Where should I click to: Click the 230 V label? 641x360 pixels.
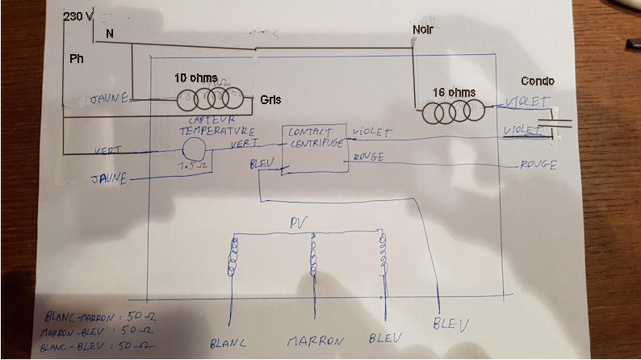pos(78,17)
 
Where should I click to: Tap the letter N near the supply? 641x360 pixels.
pos(110,35)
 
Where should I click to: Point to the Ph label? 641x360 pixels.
pos(76,59)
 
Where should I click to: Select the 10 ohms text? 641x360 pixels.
pos(195,78)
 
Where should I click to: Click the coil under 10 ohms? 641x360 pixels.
pos(210,100)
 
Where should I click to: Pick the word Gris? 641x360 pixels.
pos(270,100)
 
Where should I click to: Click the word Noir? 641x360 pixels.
pos(422,30)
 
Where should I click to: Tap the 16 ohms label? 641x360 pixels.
pos(455,93)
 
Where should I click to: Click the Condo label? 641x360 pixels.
pos(537,82)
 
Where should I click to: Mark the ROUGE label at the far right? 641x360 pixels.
pos(538,165)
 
